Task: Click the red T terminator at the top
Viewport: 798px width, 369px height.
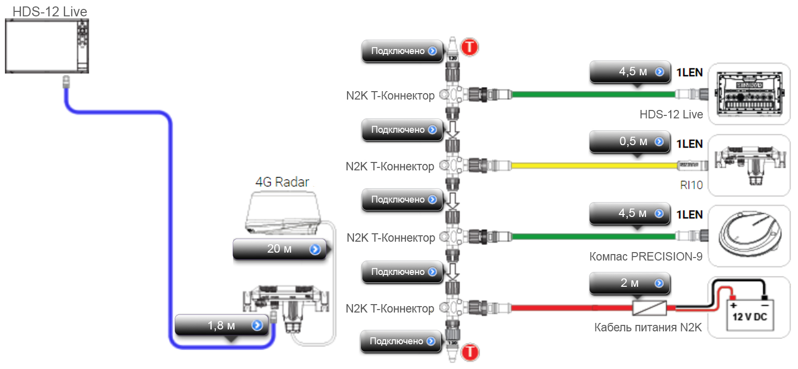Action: click(469, 47)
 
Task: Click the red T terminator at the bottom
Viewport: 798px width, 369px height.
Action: click(470, 352)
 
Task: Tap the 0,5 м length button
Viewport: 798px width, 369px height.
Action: click(629, 142)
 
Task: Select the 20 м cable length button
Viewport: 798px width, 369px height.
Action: click(280, 249)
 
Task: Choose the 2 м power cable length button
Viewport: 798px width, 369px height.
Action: click(629, 283)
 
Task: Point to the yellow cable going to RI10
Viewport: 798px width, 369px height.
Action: click(594, 165)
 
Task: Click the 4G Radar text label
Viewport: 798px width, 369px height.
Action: click(282, 182)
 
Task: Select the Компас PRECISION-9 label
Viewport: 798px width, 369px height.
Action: click(646, 257)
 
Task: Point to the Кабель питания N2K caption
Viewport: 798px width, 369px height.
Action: click(648, 327)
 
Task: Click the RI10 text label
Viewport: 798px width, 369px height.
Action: click(691, 185)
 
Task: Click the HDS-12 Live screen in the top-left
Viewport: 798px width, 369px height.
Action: click(41, 46)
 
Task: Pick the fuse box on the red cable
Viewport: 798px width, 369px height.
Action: click(649, 308)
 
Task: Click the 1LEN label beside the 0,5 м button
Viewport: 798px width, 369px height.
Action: click(690, 144)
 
